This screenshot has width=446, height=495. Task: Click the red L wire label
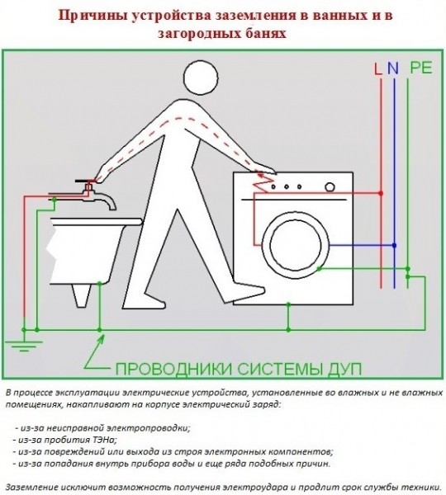(377, 68)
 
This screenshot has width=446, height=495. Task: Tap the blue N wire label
(393, 68)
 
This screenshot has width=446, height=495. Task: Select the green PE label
(421, 68)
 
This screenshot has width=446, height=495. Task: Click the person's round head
(201, 78)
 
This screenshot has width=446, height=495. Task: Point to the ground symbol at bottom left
(24, 346)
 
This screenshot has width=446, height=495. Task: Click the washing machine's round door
(296, 245)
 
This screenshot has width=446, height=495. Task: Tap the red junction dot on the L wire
(381, 193)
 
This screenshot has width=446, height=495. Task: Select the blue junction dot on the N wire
(394, 245)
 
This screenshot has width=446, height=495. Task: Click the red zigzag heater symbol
(263, 184)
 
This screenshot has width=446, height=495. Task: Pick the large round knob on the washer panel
(330, 187)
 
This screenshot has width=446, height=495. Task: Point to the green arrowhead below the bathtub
(101, 340)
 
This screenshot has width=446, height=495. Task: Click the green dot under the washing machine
(288, 304)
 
